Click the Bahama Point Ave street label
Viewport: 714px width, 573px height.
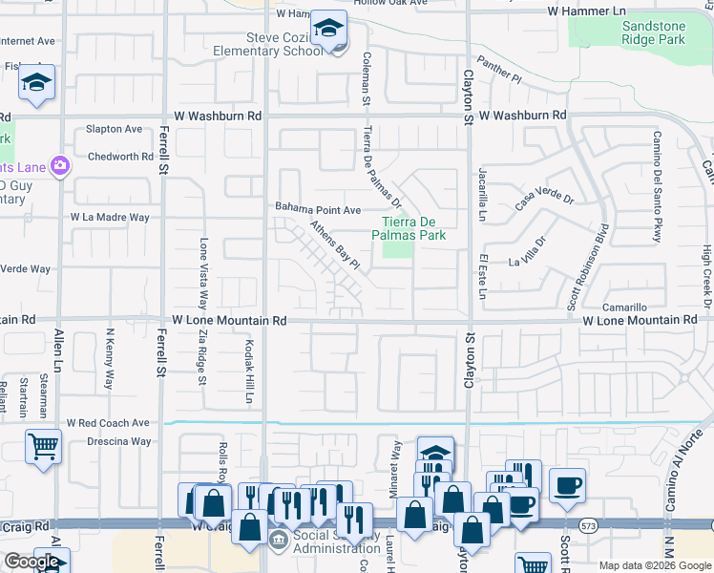[x=318, y=209]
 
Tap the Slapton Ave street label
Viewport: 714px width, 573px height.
[x=114, y=129]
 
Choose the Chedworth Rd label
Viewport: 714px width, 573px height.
[x=120, y=157]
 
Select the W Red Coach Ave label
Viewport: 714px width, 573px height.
[x=108, y=422]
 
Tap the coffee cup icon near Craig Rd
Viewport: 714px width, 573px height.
[x=567, y=484]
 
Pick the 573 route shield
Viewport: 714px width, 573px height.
[x=588, y=526]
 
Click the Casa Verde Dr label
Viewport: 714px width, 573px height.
[x=544, y=201]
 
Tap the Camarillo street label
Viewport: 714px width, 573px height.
[x=626, y=308]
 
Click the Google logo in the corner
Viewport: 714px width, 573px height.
[x=32, y=562]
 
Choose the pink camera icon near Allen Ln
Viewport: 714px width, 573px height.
[x=60, y=166]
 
